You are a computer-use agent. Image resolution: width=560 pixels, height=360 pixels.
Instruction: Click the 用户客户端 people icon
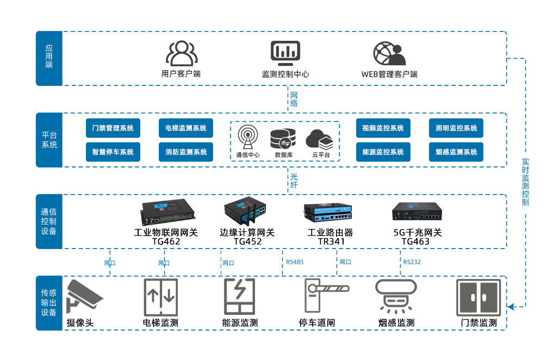coord(181,53)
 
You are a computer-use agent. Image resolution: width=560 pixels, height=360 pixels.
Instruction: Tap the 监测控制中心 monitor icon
coord(285,53)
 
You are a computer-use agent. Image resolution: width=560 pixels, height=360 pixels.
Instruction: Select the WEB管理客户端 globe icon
coord(389,53)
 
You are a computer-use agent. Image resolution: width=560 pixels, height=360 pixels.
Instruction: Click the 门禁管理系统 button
coord(113,128)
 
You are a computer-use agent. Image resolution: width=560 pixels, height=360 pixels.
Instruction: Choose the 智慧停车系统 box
coord(113,152)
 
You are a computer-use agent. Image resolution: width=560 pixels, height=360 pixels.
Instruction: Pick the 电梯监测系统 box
coord(186,128)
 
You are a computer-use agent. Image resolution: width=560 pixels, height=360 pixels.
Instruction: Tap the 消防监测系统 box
coord(186,152)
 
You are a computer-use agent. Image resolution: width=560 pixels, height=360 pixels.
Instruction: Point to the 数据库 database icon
coord(283,138)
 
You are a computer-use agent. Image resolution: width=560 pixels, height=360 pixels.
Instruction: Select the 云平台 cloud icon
coord(319,139)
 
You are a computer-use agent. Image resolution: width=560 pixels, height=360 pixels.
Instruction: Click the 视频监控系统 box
coord(383,128)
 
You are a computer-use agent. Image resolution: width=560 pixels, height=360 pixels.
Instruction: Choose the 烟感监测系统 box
coord(456,152)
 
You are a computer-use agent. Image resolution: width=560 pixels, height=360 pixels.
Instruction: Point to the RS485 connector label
coord(295,262)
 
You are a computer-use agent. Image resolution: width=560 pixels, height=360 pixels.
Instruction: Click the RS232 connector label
coord(412,262)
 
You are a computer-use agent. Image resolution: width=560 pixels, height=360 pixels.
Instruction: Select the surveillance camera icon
coord(84,297)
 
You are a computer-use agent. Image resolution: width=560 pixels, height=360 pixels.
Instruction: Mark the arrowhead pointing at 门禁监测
coord(511,307)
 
